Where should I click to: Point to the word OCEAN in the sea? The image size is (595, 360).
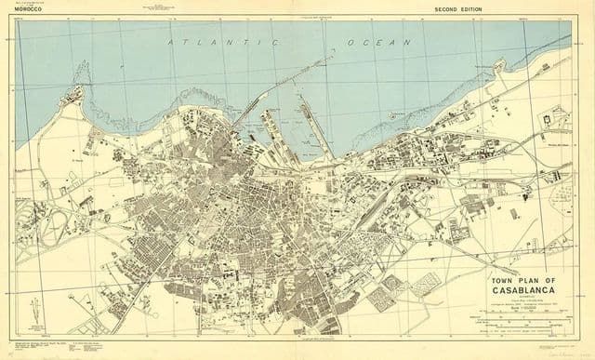pos(372,43)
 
